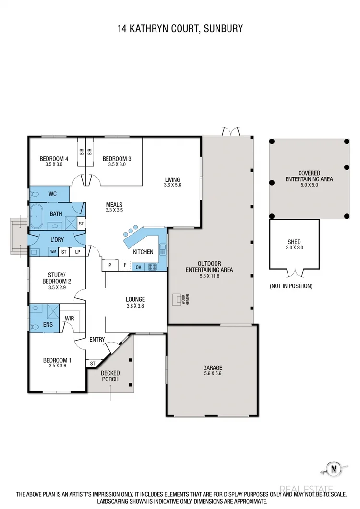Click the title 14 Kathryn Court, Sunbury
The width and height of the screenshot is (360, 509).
click(180, 28)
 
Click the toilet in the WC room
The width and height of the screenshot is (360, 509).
click(35, 194)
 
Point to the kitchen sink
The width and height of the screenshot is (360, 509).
click(163, 249)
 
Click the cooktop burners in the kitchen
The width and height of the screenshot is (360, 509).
click(154, 267)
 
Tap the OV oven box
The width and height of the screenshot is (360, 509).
click(138, 267)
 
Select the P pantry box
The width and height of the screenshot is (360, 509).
click(110, 265)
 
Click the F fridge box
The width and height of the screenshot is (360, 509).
click(125, 265)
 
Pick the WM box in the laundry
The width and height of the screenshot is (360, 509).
click(53, 252)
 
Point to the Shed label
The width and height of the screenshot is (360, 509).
click(294, 242)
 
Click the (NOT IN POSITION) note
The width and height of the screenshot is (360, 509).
click(291, 286)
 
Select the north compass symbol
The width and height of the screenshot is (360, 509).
click(332, 468)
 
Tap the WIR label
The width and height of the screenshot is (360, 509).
click(69, 318)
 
